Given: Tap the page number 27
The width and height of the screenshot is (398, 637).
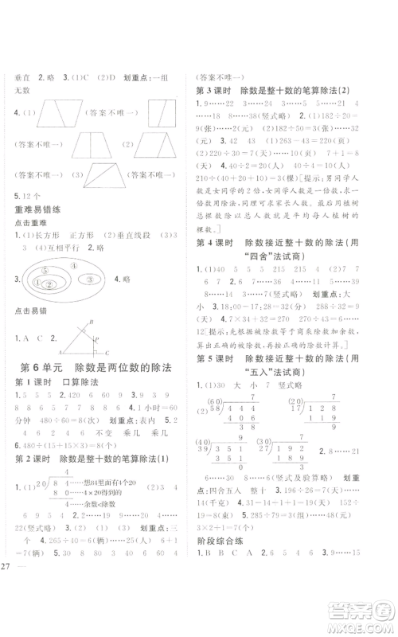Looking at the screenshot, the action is coord(7,612).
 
